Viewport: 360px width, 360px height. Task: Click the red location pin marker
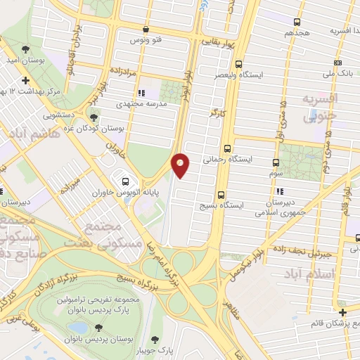[181, 165]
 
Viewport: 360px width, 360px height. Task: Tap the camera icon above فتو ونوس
[146, 30]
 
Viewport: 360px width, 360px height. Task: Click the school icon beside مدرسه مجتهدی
[141, 92]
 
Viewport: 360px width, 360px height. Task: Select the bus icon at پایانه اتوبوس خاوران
[126, 181]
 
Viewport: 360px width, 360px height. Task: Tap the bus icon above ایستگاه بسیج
[221, 195]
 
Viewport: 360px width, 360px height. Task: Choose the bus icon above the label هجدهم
[297, 22]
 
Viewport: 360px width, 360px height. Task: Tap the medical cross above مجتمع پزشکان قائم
[342, 312]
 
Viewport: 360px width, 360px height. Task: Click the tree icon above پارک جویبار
[177, 339]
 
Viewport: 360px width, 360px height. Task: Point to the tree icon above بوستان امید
[26, 49]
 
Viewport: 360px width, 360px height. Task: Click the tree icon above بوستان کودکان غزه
[94, 117]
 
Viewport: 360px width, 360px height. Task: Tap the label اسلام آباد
[310, 272]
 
